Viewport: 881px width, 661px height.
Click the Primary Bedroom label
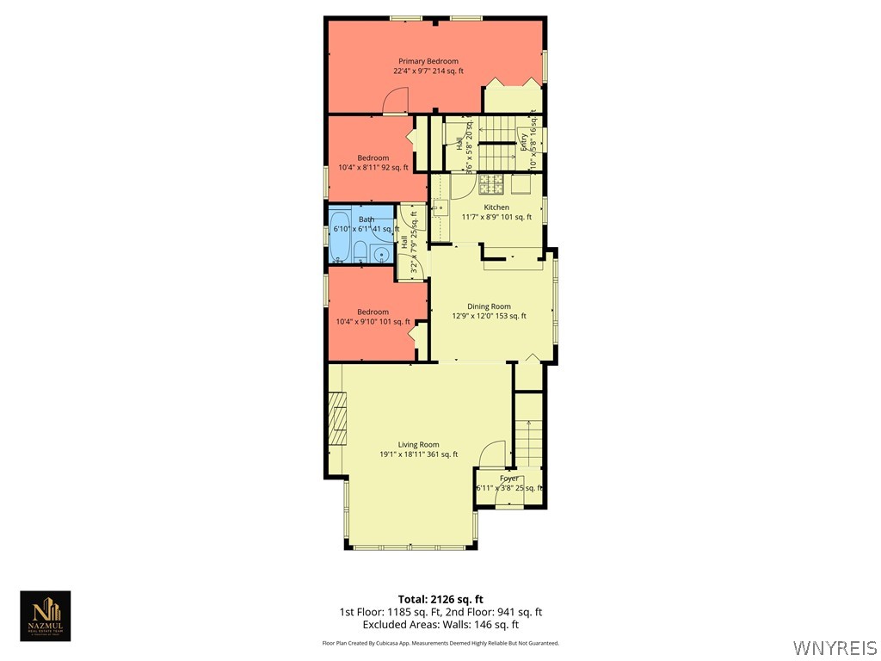(428, 61)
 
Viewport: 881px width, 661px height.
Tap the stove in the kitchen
(490, 183)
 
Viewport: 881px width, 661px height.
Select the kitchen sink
(439, 207)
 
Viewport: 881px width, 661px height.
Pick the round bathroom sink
(381, 254)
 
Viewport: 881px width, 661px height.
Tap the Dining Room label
(489, 306)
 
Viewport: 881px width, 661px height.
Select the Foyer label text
(509, 478)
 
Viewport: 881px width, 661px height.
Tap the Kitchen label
(496, 207)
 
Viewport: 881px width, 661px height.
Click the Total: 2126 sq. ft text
(440, 599)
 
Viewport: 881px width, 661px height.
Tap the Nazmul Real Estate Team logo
(46, 616)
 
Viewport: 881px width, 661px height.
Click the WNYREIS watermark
(835, 647)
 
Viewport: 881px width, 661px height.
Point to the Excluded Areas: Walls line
(440, 625)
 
